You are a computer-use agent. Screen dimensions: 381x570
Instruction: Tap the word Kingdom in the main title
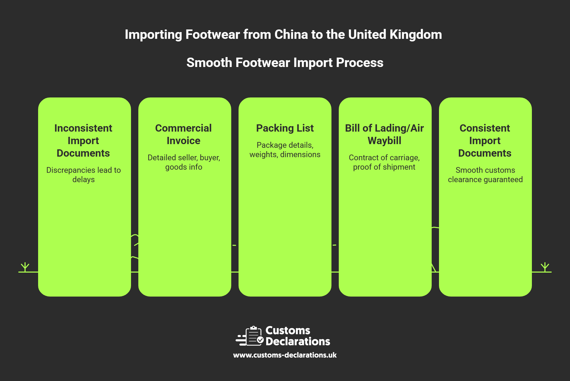415,35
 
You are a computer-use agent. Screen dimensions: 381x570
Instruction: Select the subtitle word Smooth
209,63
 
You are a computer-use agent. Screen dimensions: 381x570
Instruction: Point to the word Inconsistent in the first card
83,128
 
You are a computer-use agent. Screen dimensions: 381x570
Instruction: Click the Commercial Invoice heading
183,134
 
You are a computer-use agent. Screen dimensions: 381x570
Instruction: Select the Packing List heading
285,128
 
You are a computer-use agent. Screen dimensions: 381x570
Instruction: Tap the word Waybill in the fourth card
384,141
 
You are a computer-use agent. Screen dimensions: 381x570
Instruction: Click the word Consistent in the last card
485,128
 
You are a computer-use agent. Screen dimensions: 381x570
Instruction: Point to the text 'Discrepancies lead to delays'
84,175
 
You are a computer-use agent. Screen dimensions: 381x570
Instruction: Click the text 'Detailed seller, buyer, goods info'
184,162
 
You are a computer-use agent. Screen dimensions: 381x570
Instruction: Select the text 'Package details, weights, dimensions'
285,150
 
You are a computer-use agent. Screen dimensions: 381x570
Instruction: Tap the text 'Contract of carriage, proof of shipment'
384,162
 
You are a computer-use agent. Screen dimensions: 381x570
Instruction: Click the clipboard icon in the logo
254,336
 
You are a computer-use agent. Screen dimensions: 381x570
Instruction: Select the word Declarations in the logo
298,342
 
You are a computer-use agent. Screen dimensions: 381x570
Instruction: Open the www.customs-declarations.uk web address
285,355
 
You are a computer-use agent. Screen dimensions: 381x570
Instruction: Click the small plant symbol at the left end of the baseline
25,267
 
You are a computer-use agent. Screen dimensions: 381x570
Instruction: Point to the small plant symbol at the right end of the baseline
545,267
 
